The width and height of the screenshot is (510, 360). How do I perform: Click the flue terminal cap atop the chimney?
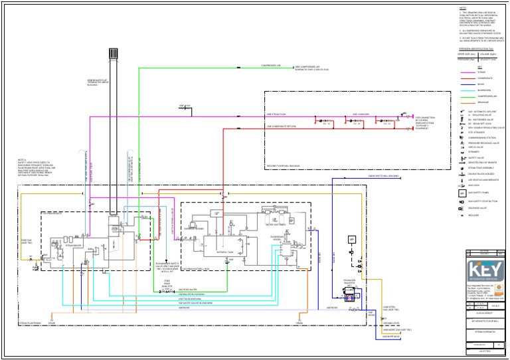click(113, 53)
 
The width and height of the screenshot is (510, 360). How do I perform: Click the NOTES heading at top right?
click(464, 9)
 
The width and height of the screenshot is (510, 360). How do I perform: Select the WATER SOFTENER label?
click(275, 225)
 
